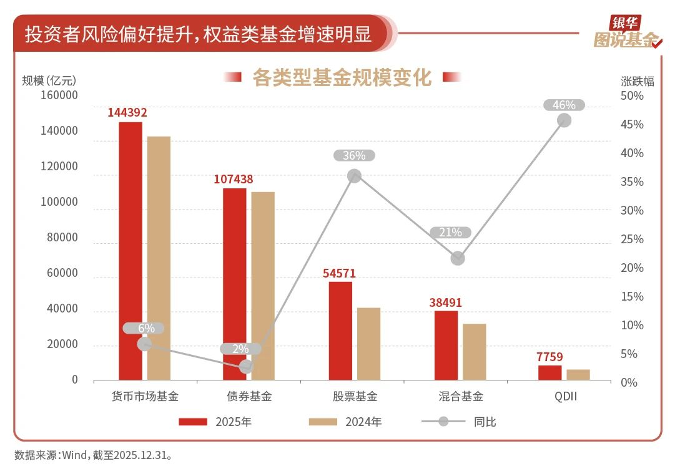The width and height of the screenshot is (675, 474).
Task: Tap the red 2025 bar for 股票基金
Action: (x=340, y=331)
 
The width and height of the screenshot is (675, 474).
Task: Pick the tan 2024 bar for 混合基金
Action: (x=474, y=352)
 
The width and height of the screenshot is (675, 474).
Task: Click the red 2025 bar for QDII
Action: (x=549, y=372)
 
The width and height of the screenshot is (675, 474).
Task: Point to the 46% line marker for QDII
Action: (x=564, y=120)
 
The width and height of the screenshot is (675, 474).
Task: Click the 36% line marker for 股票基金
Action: (x=355, y=176)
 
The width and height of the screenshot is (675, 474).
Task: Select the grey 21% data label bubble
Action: (x=450, y=233)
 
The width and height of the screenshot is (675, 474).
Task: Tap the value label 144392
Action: (x=127, y=113)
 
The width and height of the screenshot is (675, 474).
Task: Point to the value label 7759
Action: (x=549, y=357)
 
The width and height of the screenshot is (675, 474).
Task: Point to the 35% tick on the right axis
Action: (x=632, y=182)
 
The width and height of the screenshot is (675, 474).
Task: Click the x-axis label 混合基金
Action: (x=461, y=396)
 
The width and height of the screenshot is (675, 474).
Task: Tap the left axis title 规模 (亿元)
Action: (x=49, y=80)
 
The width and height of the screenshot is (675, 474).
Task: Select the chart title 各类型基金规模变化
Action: (x=342, y=77)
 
